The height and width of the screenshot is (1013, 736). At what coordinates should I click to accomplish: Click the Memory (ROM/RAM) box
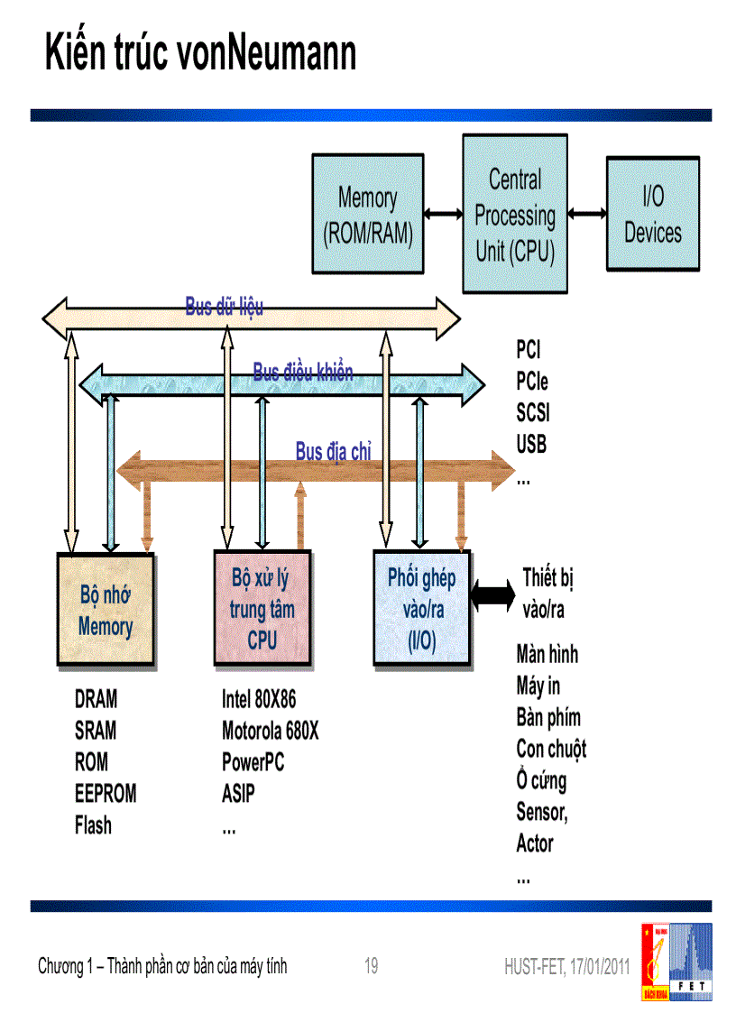click(367, 214)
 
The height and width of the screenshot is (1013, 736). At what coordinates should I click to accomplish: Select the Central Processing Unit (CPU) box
click(514, 214)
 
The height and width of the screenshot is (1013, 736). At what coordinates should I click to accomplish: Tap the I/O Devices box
click(652, 214)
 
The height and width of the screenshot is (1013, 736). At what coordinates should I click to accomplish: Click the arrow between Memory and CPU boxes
click(442, 214)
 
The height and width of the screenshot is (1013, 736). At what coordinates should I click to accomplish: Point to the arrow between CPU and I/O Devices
click(587, 214)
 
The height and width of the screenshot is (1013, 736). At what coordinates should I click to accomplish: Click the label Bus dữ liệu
click(225, 307)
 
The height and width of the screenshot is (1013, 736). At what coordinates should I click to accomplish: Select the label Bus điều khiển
click(302, 372)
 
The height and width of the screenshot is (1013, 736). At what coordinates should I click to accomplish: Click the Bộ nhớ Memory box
click(106, 611)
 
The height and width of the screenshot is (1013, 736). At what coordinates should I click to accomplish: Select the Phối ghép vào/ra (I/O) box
click(421, 609)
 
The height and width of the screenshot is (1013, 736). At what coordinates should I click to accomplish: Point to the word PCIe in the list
click(532, 381)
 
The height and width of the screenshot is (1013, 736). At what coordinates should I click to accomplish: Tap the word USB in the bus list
click(531, 445)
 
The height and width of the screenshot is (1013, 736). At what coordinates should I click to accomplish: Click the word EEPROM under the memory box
click(106, 794)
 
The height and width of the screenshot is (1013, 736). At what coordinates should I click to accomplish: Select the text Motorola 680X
click(270, 731)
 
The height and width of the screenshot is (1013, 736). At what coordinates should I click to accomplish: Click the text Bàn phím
click(548, 718)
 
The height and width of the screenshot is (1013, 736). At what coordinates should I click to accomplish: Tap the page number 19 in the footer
click(371, 967)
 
